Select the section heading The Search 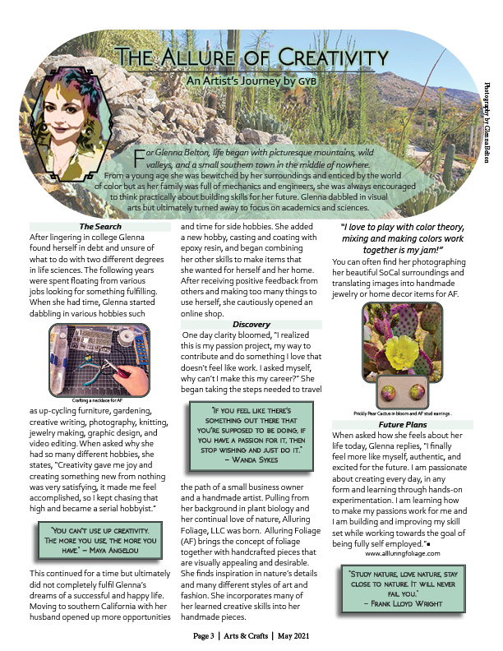pos(100,227)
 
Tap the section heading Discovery pos(251,325)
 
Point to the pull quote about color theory pos(402,238)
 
